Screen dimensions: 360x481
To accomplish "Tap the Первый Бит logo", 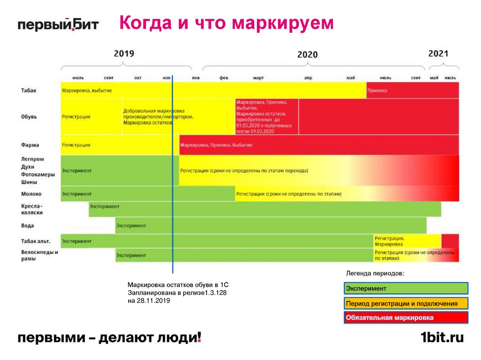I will point(58,24).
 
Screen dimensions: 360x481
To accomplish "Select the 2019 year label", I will point(124,54).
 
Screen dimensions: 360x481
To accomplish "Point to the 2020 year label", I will point(307,54).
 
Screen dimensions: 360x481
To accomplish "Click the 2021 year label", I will point(438,54).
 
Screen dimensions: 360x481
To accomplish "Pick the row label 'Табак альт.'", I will point(35,241).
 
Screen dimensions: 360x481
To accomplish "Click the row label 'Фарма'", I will point(30,145).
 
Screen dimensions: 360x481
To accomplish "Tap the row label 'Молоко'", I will point(31,193).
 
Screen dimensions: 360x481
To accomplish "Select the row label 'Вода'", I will point(27,225).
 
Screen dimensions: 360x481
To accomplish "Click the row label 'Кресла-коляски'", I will point(32,209).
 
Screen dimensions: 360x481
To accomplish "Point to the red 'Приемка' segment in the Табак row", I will point(412,91).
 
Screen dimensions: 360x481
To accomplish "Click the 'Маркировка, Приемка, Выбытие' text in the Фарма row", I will point(216,145).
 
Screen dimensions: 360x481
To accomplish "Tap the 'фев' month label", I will point(224,78).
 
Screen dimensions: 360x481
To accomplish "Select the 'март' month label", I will point(258,78).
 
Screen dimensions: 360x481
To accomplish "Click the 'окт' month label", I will point(138,78).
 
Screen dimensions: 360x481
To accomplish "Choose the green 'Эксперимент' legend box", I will point(406,288).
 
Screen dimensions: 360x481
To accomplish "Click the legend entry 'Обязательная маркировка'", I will point(406,318).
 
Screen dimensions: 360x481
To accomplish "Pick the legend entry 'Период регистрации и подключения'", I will point(406,303).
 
